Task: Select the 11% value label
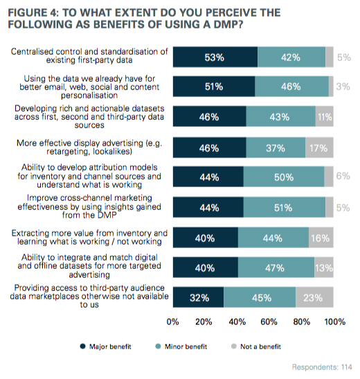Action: point(325,117)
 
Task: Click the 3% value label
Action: point(341,87)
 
